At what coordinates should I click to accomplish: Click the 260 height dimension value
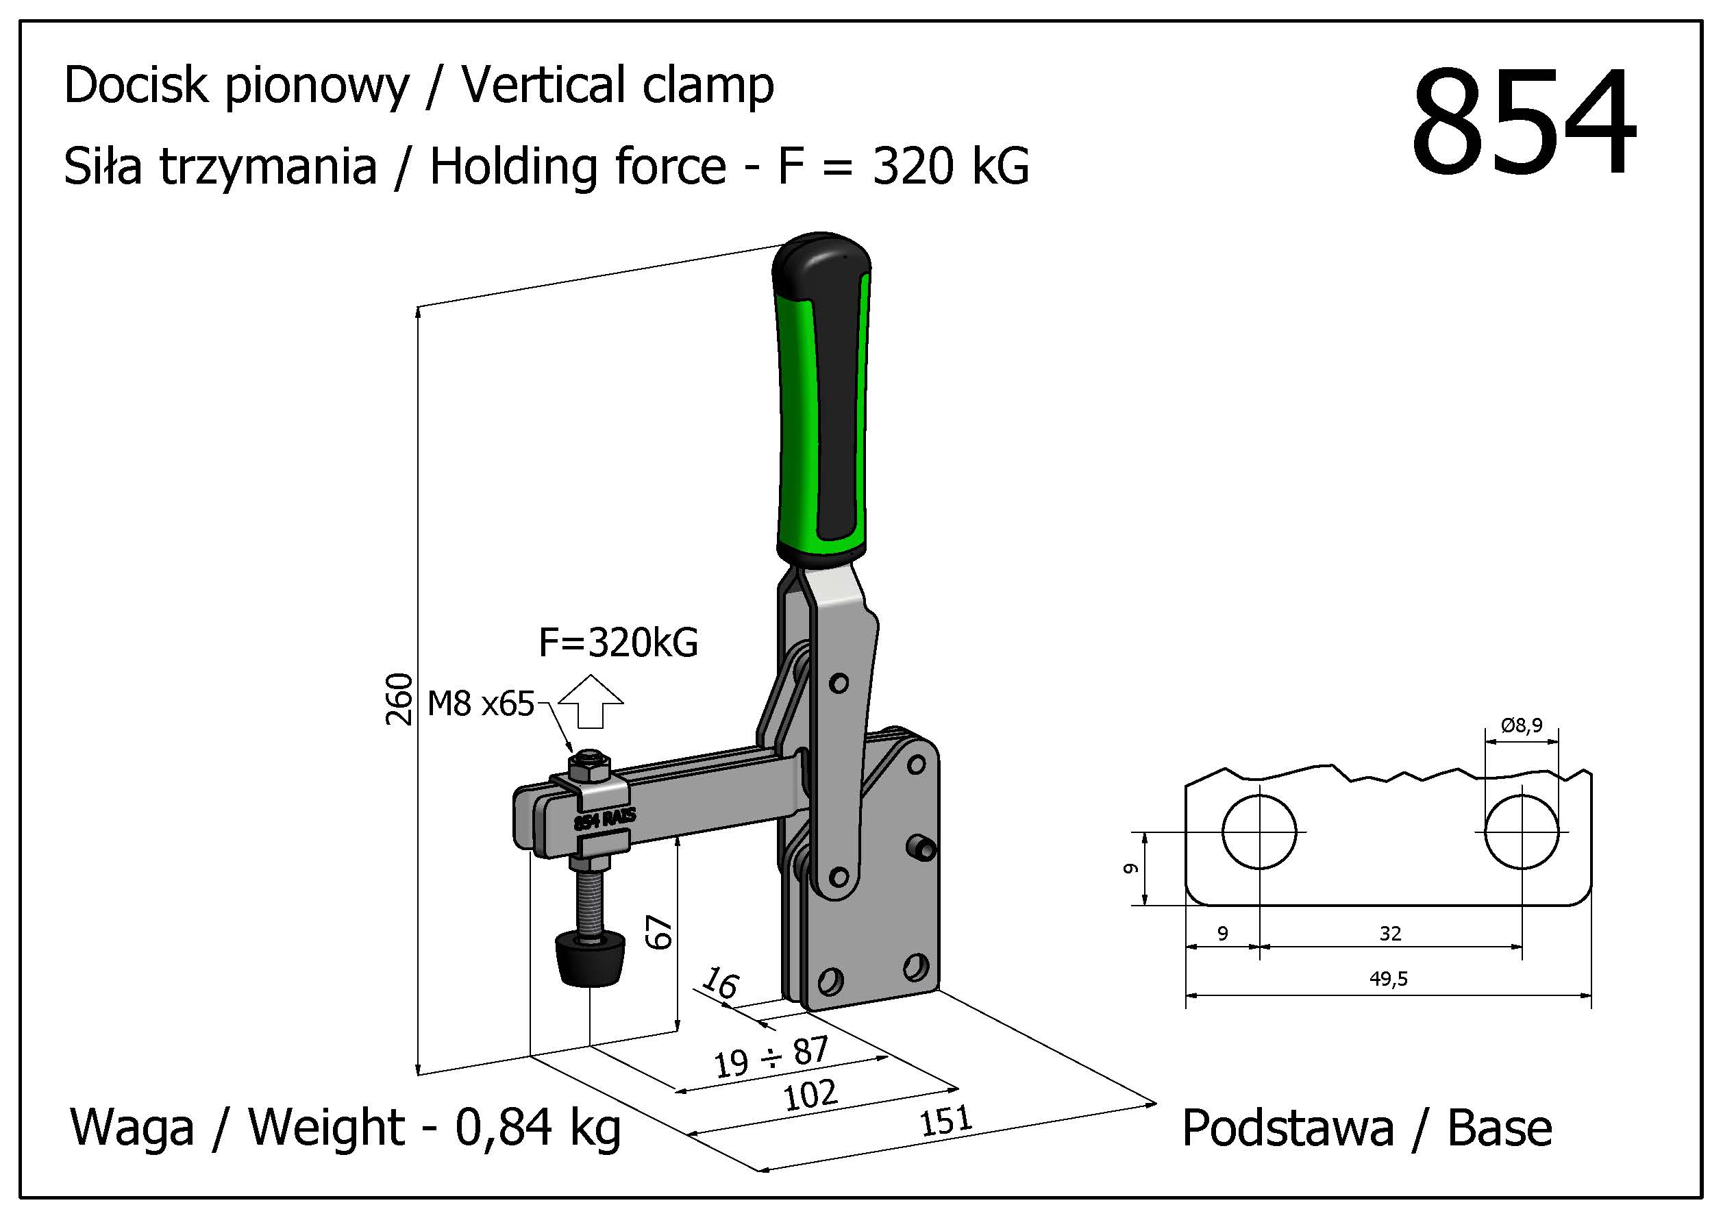pos(400,699)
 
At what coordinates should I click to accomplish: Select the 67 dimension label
pos(660,932)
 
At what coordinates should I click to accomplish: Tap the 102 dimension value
pos(810,1095)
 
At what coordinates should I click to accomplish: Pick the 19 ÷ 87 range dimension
pos(771,1056)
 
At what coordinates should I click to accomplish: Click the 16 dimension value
pos(721,982)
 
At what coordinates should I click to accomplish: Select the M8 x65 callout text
pos(480,704)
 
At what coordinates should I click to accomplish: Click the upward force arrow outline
pos(591,701)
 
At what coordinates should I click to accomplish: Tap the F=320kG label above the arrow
pos(619,643)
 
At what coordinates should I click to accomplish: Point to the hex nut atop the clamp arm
pos(590,765)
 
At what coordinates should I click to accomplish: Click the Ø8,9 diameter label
pos(1521,725)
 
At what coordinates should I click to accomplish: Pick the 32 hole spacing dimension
pos(1390,933)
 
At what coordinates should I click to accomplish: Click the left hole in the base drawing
pos(1259,832)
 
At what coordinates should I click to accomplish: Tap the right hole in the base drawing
pos(1521,832)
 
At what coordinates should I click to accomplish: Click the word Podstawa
pos(1288,1128)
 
